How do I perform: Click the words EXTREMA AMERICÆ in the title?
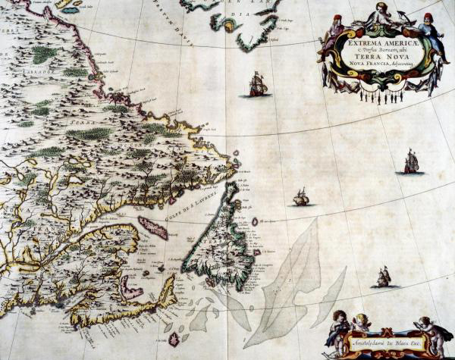click(373, 43)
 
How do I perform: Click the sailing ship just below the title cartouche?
click(258, 84)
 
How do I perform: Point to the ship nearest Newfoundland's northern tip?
click(301, 198)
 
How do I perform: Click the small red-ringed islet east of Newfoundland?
click(255, 221)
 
